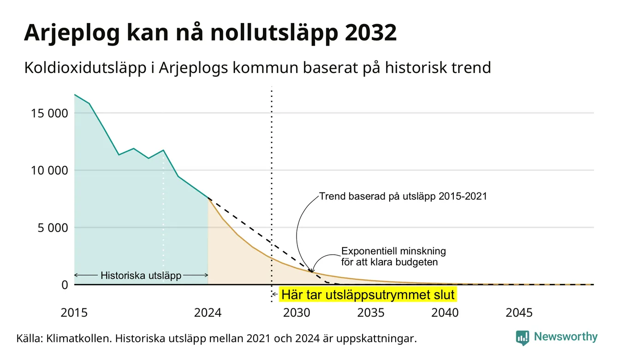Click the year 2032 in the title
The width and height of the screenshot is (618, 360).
pyautogui.click(x=371, y=33)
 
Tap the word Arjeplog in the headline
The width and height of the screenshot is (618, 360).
pyautogui.click(x=72, y=34)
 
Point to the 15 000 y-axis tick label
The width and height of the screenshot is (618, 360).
pyautogui.click(x=49, y=113)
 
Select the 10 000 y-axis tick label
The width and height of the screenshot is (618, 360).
pyautogui.click(x=49, y=170)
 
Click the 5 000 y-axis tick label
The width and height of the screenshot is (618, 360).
pyautogui.click(x=53, y=228)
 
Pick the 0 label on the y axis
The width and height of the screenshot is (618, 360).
pyautogui.click(x=65, y=285)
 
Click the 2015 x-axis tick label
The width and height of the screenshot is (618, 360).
pyautogui.click(x=74, y=313)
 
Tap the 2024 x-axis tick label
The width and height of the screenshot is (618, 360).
pyautogui.click(x=208, y=313)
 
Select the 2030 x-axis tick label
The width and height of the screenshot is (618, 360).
pyautogui.click(x=297, y=313)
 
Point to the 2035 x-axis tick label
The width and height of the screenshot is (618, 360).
pyautogui.click(x=371, y=313)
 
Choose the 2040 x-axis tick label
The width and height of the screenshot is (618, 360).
pyautogui.click(x=445, y=313)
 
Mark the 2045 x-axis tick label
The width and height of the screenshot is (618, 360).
pyautogui.click(x=519, y=313)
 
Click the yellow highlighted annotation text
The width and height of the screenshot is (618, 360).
pyautogui.click(x=368, y=294)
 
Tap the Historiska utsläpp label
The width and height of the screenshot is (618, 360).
pyautogui.click(x=141, y=275)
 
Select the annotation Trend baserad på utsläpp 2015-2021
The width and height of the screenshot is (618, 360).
pyautogui.click(x=403, y=196)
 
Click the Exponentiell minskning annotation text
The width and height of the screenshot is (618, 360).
pyautogui.click(x=393, y=257)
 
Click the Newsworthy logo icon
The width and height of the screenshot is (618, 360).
pyautogui.click(x=523, y=338)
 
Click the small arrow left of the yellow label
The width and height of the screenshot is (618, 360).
pyautogui.click(x=274, y=294)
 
